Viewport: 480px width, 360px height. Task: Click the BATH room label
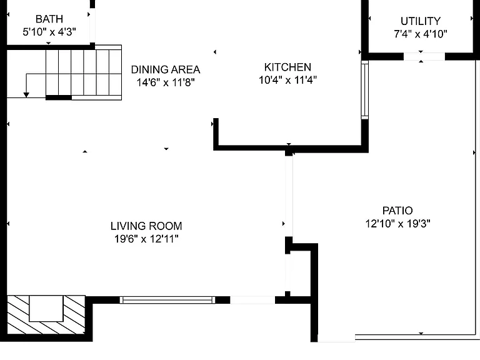point(49,19)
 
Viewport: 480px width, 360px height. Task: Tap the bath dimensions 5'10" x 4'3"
point(49,31)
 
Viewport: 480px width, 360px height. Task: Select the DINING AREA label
point(166,69)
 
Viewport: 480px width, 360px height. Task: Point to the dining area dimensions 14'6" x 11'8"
point(166,82)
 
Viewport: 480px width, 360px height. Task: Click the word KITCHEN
point(287,67)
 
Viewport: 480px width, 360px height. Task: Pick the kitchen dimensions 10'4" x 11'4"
point(287,80)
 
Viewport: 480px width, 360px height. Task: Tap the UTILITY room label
point(421,21)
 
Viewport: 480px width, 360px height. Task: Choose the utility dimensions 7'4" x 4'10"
point(421,34)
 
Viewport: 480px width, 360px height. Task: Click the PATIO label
point(397,211)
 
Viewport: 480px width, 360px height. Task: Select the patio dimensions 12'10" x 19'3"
point(397,224)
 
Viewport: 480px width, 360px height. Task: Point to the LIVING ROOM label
point(146,226)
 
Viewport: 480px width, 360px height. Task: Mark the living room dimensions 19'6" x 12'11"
point(146,239)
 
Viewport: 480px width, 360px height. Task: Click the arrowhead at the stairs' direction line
point(26,95)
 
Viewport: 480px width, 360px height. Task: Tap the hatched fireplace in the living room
point(46,315)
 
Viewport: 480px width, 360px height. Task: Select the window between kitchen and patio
point(364,90)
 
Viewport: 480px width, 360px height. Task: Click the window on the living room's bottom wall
point(167,300)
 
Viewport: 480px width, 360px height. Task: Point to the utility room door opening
point(424,57)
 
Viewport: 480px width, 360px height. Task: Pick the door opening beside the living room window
point(252,300)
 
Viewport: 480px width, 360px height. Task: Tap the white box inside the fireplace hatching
point(46,308)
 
